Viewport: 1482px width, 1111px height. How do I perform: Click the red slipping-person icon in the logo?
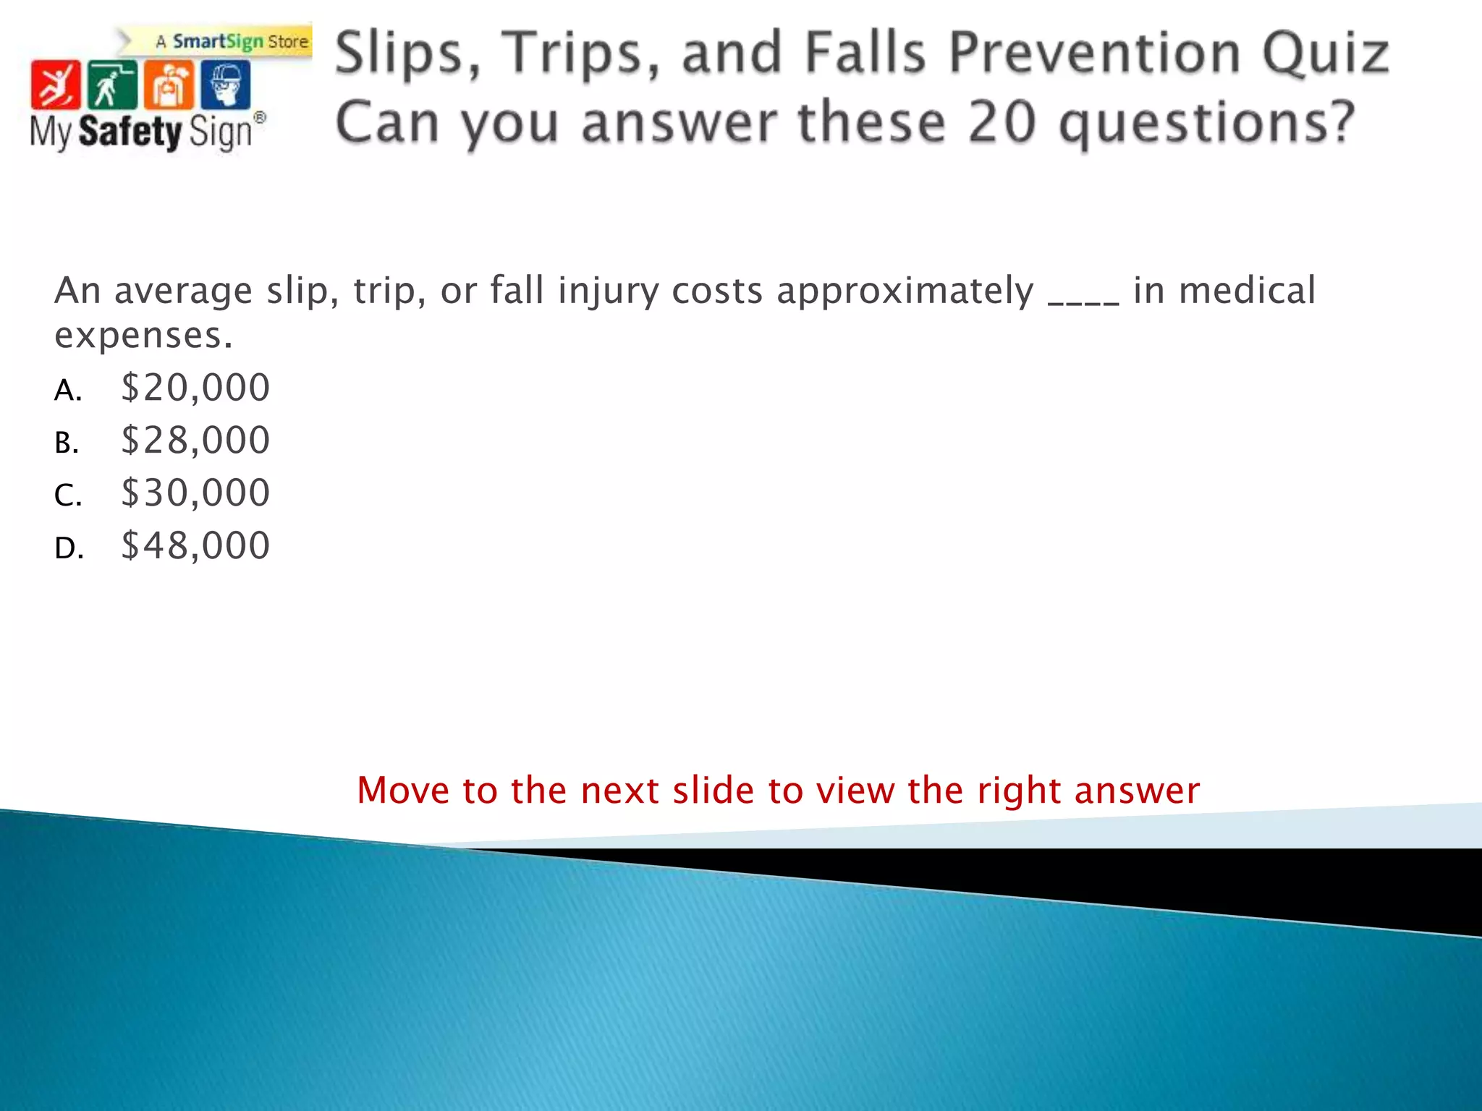coord(55,85)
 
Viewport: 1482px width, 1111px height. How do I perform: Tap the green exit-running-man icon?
coord(111,85)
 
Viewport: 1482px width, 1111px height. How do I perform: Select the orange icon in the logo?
coord(169,85)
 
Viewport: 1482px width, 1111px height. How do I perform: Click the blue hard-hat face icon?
coord(226,85)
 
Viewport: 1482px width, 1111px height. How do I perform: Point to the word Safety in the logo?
coord(130,132)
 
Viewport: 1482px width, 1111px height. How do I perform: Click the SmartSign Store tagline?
coord(232,42)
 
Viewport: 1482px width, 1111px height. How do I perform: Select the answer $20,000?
coord(195,388)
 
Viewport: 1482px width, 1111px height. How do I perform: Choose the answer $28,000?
coord(195,440)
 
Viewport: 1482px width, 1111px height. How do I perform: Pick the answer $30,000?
coord(195,493)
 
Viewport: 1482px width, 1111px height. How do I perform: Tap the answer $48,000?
coord(195,546)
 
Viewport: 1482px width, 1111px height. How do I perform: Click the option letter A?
coord(67,391)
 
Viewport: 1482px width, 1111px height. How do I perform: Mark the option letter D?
coord(69,549)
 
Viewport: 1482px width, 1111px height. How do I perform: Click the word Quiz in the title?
coord(1324,54)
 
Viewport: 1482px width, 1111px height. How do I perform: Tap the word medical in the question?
coord(1246,291)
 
